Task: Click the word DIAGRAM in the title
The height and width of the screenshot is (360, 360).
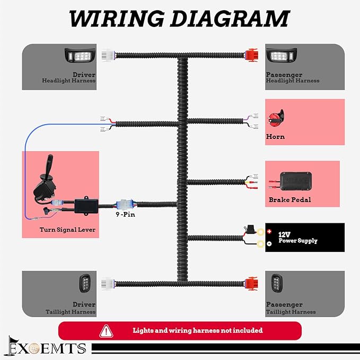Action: (x=230, y=19)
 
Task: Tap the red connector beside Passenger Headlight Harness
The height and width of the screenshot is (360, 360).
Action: (x=251, y=55)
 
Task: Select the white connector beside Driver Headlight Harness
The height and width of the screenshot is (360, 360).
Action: (x=108, y=55)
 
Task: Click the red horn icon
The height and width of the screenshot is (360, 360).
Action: (x=276, y=118)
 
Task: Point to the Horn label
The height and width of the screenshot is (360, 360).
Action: (x=275, y=137)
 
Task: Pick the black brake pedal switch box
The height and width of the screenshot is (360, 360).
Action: (x=296, y=181)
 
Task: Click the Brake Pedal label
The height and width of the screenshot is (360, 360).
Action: (x=289, y=200)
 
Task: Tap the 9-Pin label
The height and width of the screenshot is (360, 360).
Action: (x=125, y=214)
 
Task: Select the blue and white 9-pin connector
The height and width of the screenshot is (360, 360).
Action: (x=125, y=204)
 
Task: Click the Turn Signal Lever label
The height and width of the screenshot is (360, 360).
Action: (x=67, y=230)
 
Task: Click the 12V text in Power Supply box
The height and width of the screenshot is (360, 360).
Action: (x=284, y=235)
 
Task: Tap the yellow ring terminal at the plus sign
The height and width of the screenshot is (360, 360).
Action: (x=260, y=231)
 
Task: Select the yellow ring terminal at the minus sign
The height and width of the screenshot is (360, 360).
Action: (x=260, y=244)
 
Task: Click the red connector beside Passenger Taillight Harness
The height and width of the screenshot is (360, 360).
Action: (x=251, y=284)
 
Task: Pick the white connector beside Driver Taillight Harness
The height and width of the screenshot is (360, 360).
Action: (x=108, y=284)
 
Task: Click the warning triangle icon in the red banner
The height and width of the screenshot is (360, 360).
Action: (x=106, y=331)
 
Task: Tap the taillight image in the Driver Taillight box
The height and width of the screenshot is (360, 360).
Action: (x=84, y=283)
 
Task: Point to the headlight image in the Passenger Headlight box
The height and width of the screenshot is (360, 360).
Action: (x=281, y=55)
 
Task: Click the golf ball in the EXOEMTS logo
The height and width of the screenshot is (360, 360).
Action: (x=34, y=348)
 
